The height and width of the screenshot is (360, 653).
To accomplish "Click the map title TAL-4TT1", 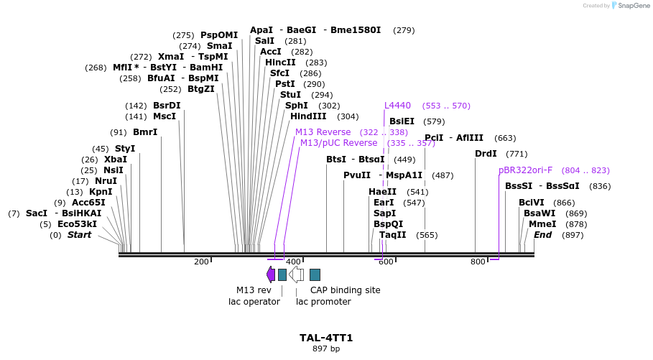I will tap(326, 338).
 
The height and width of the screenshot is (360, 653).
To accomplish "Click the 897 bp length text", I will tap(326, 349).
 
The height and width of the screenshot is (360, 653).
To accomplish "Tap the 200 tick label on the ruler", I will tap(201, 262).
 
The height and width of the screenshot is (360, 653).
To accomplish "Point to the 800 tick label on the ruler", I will tap(478, 262).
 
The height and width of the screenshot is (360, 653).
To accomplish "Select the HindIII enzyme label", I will tap(308, 116).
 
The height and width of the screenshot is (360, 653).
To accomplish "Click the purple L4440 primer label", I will tap(397, 106).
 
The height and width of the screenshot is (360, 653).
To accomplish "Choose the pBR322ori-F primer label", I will tap(525, 170).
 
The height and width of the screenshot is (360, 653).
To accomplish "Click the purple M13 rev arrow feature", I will tap(270, 274).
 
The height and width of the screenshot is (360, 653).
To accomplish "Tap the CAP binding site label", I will tap(345, 290).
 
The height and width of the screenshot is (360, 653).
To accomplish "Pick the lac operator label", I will tap(249, 302).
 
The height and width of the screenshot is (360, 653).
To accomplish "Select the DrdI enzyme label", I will tap(486, 154).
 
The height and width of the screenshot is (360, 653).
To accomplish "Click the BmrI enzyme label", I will tap(145, 132).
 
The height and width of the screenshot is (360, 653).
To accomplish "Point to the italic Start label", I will tap(79, 235).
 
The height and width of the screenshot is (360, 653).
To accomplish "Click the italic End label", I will tap(542, 235).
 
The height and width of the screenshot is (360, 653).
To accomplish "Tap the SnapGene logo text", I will tap(634, 6).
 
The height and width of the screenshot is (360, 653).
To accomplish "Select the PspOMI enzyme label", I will tap(219, 35).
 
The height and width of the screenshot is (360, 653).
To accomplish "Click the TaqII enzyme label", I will tap(393, 235).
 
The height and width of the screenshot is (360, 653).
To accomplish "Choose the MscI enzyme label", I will tap(165, 116).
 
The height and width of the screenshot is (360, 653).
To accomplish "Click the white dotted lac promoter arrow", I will tap(296, 274).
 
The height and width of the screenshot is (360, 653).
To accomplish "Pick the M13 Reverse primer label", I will tap(323, 132).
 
